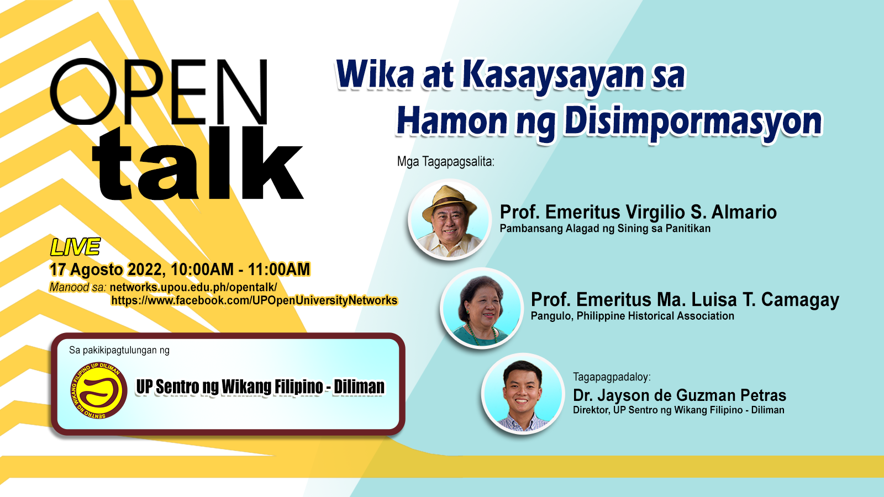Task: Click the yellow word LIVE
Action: (x=75, y=247)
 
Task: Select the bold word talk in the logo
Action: (x=197, y=163)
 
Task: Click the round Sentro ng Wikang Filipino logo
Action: (x=99, y=390)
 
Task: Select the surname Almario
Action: (x=744, y=212)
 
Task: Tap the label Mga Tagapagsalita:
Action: (x=445, y=162)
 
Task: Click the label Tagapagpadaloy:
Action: (x=612, y=377)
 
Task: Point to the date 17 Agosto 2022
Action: (x=106, y=270)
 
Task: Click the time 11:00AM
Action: (x=279, y=269)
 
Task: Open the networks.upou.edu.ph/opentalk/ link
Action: (x=193, y=287)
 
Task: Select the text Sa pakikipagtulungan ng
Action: (x=119, y=350)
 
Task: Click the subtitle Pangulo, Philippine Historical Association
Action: (x=632, y=316)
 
